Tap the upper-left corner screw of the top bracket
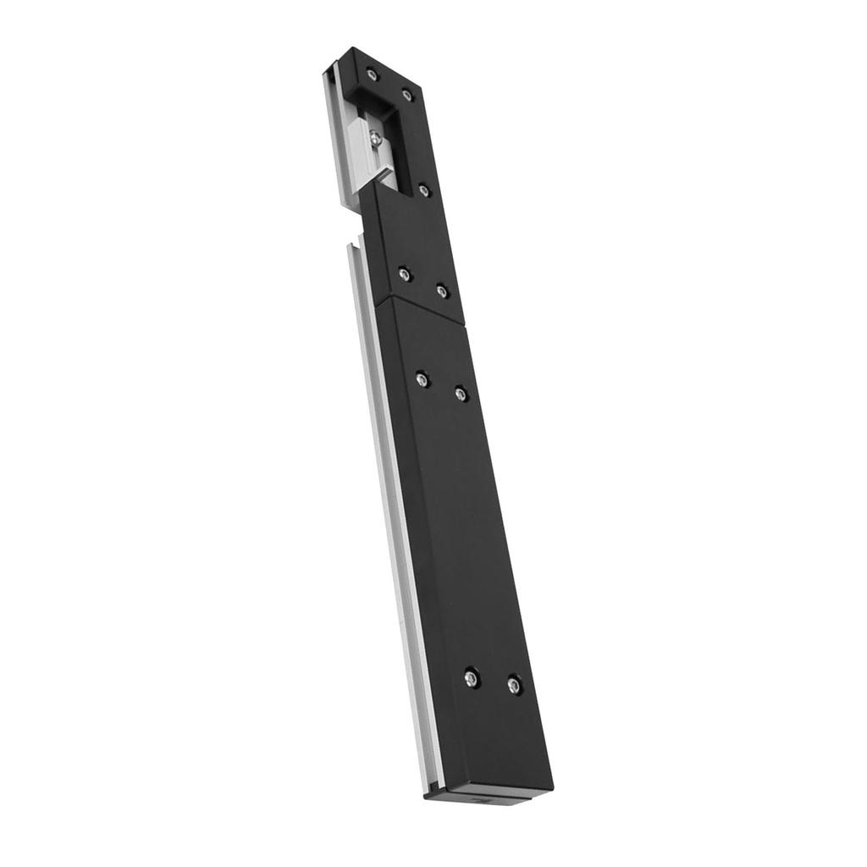(372, 75)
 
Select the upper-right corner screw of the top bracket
(407, 94)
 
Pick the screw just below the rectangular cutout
(424, 190)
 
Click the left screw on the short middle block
(405, 273)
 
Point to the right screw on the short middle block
(441, 290)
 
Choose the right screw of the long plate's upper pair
(461, 393)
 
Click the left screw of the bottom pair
(472, 677)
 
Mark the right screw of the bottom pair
(514, 684)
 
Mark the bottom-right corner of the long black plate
(552, 787)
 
